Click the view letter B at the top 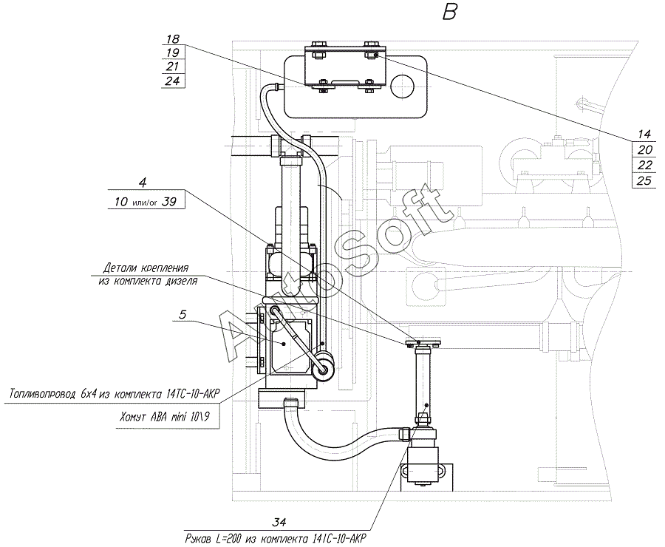449,12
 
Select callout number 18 173,39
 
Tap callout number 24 173,81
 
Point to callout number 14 644,134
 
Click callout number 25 644,180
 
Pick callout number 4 143,183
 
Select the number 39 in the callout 169,201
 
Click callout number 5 183,314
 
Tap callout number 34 279,522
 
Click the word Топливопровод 43,394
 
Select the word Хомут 133,417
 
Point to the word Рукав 197,540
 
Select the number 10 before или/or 121,201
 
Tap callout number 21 173,67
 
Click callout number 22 644,165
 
